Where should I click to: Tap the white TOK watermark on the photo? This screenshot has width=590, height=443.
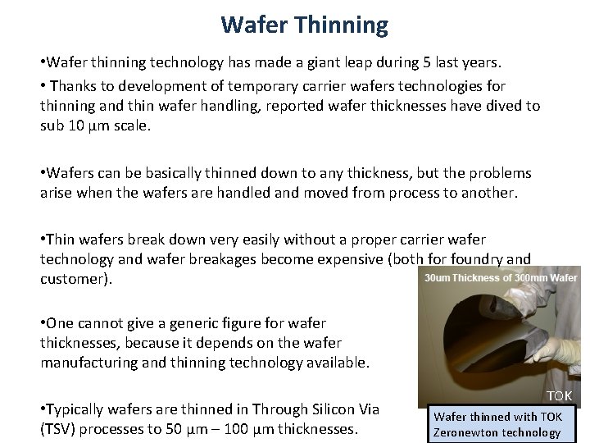[x=560, y=396]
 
